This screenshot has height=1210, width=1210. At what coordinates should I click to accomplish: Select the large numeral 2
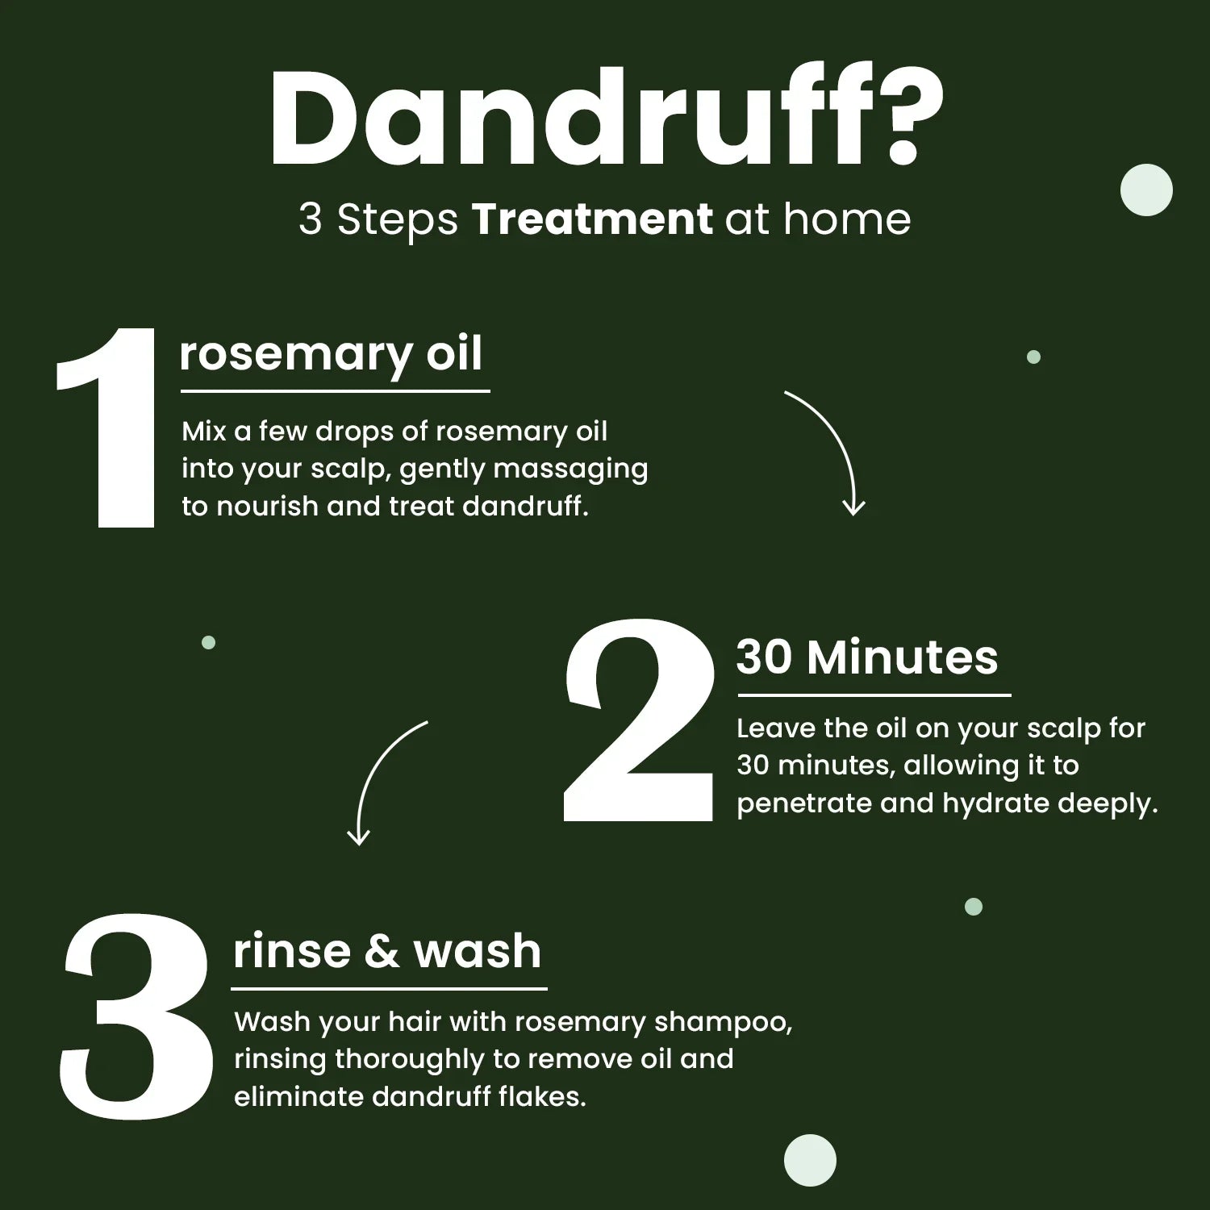point(640,720)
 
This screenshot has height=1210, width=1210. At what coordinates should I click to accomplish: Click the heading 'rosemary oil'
point(331,355)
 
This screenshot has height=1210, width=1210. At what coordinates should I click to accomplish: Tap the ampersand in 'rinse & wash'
point(382,951)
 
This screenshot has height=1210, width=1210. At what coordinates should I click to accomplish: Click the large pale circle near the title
point(1146,190)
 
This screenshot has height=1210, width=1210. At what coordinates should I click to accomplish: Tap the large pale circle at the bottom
point(810,1160)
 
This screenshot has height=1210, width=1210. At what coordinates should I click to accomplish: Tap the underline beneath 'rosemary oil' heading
point(335,391)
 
